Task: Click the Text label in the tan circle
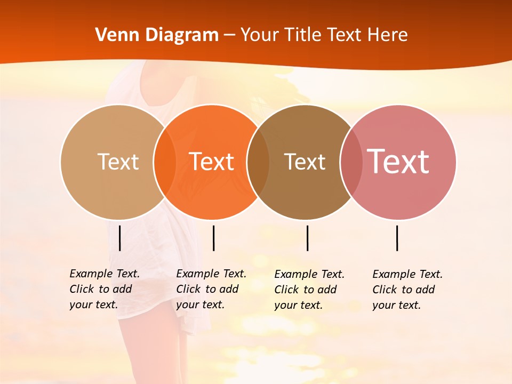pos(118,162)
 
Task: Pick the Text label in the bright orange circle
pos(211,162)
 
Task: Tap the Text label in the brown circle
pos(305,162)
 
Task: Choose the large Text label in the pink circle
pos(398,162)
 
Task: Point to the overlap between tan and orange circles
pos(164,162)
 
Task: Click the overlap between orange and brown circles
pos(258,162)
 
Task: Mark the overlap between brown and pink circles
pos(351,162)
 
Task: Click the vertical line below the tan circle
pos(119,238)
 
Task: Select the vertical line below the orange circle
pos(213,238)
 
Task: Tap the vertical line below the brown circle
pos(307,238)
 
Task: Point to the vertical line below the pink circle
pos(397,238)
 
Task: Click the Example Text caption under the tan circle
pos(104,289)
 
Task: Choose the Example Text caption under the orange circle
pos(211,289)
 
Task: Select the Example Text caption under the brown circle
pos(309,290)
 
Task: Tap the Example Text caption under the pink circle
pos(407,290)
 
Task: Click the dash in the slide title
pos(229,36)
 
